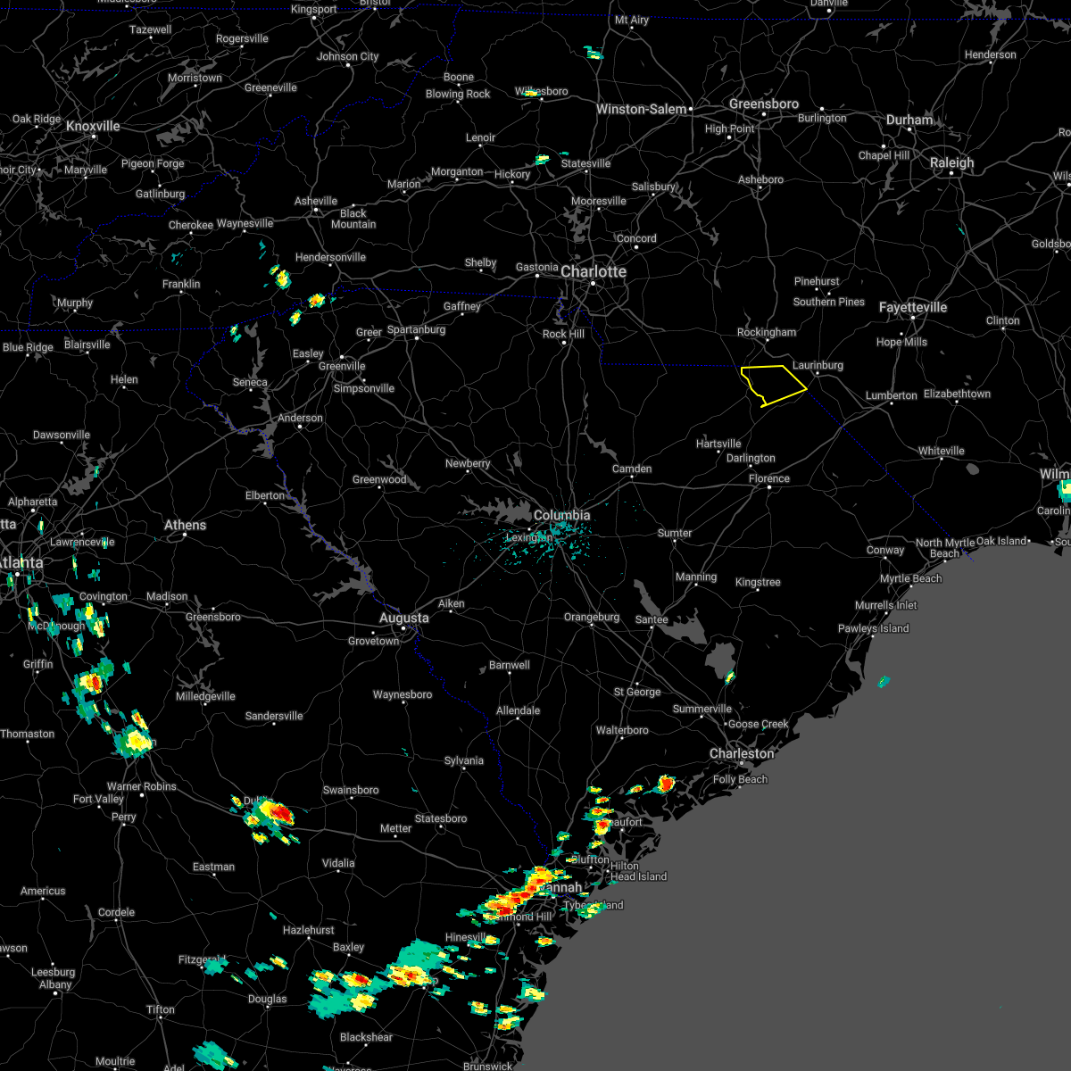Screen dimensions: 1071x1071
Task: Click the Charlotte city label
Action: tap(594, 271)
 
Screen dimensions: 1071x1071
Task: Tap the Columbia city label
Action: tap(561, 515)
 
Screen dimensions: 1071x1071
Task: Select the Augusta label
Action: tap(403, 618)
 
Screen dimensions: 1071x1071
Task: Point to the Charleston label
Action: tap(742, 753)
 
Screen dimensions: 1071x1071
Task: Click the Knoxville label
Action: tap(93, 126)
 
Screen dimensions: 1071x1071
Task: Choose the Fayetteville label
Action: tap(912, 307)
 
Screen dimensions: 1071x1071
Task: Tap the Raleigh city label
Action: tap(951, 162)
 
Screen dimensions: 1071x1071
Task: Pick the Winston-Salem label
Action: tap(641, 109)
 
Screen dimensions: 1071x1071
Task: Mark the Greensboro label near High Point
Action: tap(763, 104)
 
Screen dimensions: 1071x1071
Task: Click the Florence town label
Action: tap(768, 478)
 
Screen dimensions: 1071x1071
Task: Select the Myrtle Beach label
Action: tap(910, 578)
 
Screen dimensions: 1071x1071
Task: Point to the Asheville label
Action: tap(316, 201)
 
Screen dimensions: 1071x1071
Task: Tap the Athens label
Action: tap(185, 525)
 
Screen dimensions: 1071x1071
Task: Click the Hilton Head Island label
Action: tap(637, 871)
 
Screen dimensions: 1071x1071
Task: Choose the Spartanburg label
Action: tap(416, 329)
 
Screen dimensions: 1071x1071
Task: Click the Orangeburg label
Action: tap(591, 617)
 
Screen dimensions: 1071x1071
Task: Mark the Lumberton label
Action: tap(891, 395)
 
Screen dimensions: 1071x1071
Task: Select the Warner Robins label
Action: tap(141, 786)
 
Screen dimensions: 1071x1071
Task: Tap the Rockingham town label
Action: tap(766, 332)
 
